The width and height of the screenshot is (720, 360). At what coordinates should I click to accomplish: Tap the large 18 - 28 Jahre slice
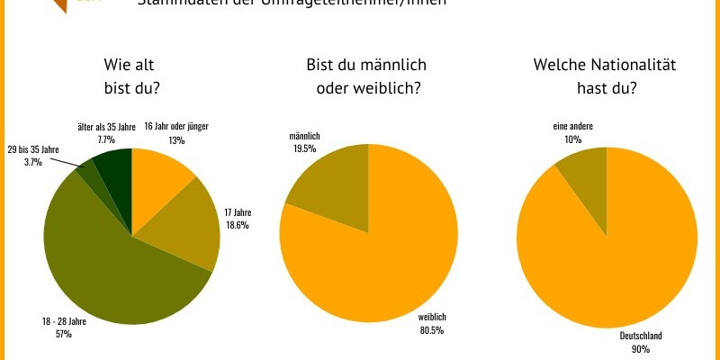point(103,261)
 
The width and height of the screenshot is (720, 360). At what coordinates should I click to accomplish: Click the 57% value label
point(64,335)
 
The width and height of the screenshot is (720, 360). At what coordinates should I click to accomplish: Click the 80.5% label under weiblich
point(434,330)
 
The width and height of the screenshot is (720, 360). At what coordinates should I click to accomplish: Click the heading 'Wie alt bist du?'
point(137,76)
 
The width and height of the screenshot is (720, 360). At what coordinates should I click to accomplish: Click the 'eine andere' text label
point(572,128)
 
